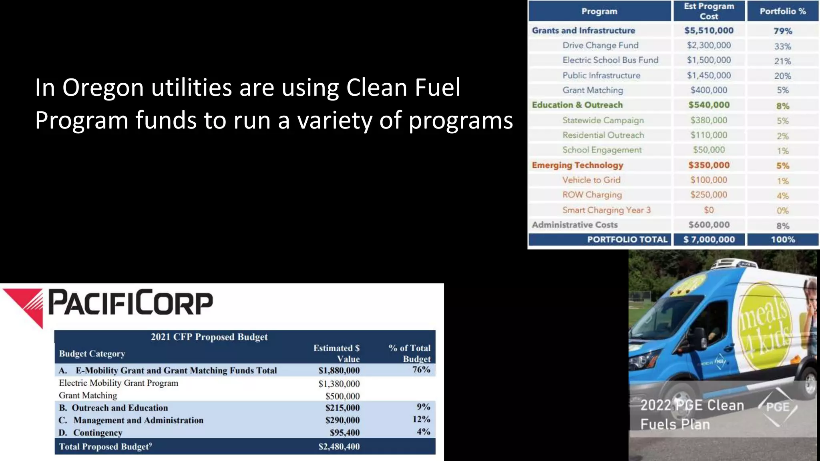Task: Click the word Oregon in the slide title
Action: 103,88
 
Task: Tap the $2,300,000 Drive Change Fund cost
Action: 709,45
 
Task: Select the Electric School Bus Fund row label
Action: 610,60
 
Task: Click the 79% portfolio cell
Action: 782,31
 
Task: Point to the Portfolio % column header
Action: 782,11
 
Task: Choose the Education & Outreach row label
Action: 577,105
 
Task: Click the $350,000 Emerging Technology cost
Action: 709,165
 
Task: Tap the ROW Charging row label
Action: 592,195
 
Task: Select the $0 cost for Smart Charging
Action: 709,210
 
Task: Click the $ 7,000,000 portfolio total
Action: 709,240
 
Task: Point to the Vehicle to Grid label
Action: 591,180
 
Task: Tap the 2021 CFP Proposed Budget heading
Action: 209,337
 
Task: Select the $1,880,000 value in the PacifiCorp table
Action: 339,371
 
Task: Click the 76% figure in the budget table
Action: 421,369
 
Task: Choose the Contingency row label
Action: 97,433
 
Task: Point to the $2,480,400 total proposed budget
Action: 339,447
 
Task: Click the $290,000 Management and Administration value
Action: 342,420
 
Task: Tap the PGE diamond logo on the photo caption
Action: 778,407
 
